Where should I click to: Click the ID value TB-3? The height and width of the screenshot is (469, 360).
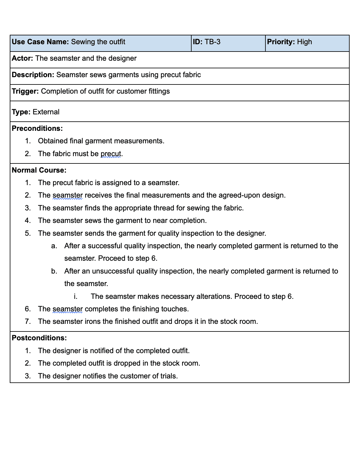(x=212, y=42)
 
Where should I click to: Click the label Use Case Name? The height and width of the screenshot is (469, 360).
(x=40, y=42)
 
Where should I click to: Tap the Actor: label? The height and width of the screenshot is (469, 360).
(x=22, y=58)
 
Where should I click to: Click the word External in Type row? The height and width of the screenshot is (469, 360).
(x=46, y=112)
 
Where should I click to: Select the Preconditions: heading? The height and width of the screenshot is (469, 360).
(x=37, y=128)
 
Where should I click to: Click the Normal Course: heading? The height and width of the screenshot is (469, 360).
(x=39, y=170)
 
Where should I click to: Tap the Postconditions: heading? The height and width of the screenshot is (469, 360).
(x=39, y=338)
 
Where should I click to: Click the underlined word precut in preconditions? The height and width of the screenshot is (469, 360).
(x=111, y=154)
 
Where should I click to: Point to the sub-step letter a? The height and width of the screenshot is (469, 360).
(x=54, y=246)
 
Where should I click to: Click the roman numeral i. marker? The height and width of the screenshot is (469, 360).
(x=75, y=296)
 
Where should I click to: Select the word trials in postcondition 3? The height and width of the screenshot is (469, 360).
(x=169, y=376)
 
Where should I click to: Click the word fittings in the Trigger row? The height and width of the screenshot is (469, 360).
(x=158, y=91)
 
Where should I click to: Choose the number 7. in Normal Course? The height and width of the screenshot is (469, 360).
(x=28, y=321)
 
